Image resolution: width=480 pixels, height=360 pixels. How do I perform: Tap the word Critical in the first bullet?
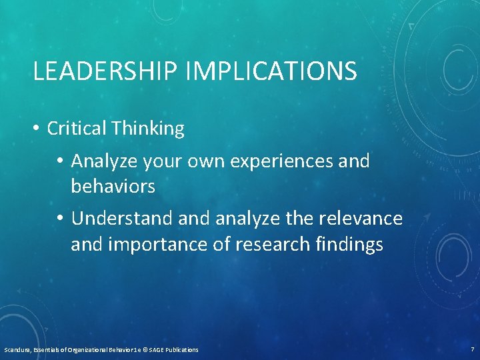tap(76, 129)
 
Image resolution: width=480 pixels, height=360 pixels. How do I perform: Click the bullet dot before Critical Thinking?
tap(37, 129)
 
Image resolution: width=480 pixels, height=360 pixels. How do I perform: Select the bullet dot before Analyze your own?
tap(61, 161)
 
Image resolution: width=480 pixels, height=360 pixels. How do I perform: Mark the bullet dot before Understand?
tap(61, 219)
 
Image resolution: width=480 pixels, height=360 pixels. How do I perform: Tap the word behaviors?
tap(113, 187)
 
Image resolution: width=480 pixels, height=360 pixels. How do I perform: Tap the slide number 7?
tap(472, 349)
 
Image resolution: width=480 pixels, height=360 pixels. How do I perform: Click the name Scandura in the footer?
tap(16, 349)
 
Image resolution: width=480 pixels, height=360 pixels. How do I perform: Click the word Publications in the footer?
tap(181, 349)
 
